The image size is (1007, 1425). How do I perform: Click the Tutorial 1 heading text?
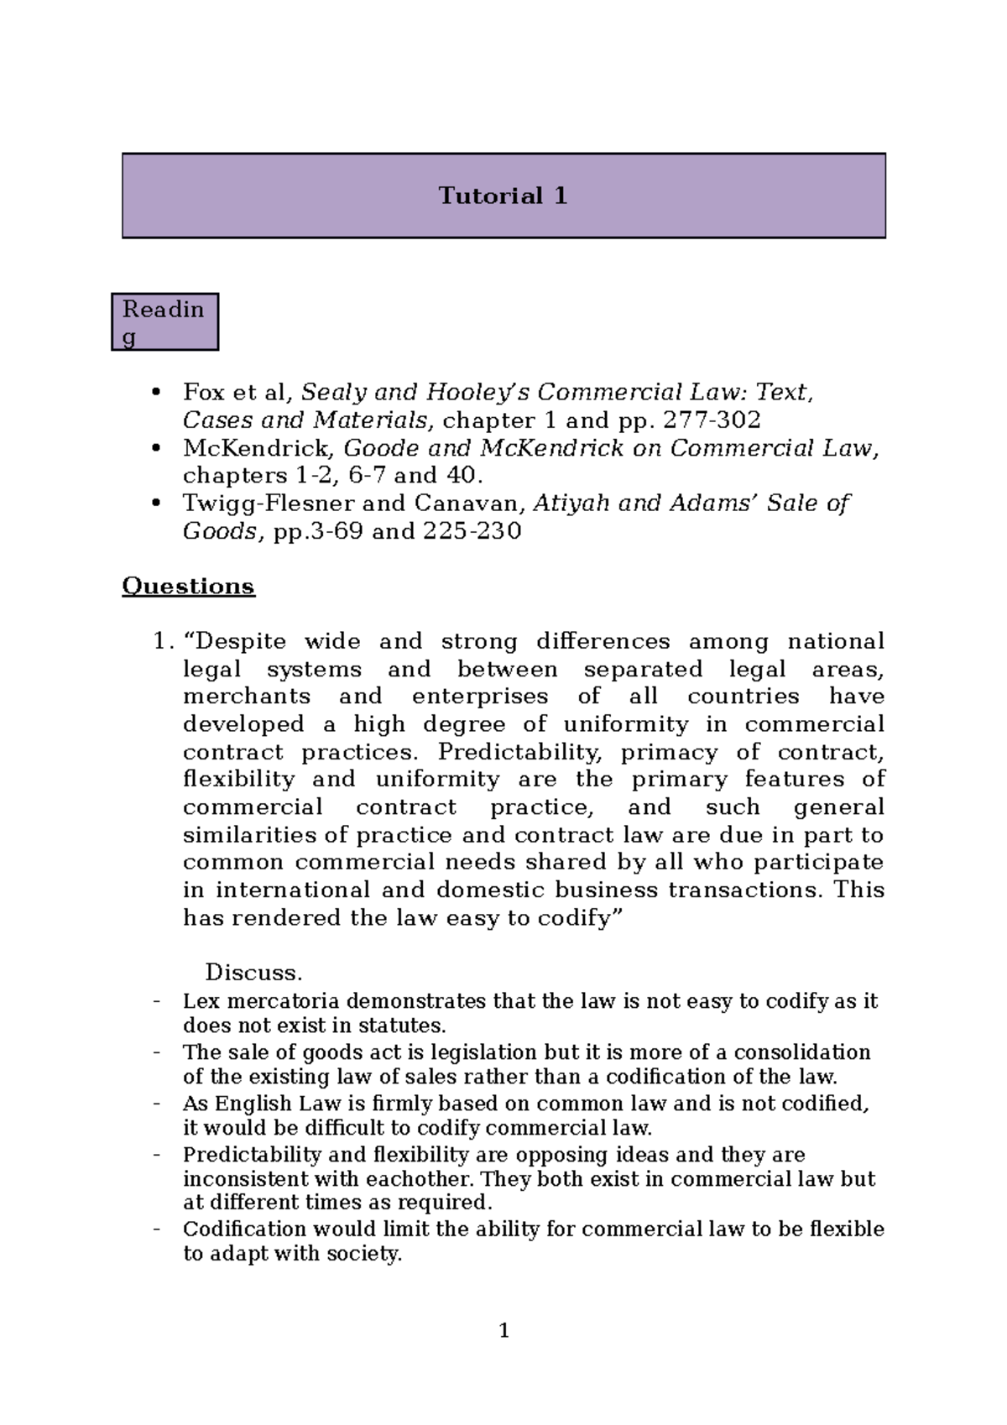click(x=503, y=196)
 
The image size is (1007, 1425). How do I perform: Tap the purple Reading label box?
click(x=164, y=321)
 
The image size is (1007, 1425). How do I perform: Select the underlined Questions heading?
click(x=188, y=586)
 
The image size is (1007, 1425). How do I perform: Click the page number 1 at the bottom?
click(x=503, y=1331)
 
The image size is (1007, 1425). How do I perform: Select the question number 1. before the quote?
click(x=163, y=642)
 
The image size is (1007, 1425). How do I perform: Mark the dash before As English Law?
click(x=156, y=1104)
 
